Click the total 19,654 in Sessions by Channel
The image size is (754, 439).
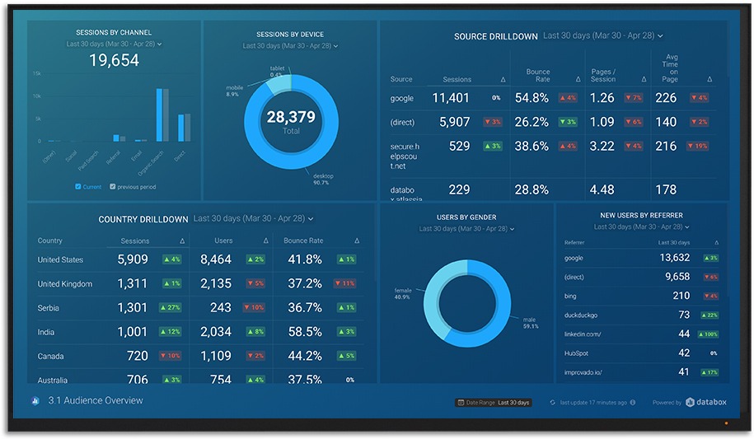[x=114, y=60]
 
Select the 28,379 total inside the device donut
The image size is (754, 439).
[x=291, y=118]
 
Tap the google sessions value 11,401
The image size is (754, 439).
[x=451, y=98]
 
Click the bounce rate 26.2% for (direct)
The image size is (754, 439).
[x=532, y=122]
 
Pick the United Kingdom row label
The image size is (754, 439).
[x=65, y=284]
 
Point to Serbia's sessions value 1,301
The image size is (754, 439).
[x=133, y=308]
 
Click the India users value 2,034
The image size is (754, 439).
[x=216, y=332]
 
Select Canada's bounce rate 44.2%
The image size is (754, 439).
[x=305, y=356]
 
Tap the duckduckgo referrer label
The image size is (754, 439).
[x=581, y=315]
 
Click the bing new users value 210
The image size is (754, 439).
[x=681, y=296]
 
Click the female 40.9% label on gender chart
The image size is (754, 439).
[x=403, y=293]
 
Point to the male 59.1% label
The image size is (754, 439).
[x=530, y=323]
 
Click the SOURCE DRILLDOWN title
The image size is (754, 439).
[x=495, y=37]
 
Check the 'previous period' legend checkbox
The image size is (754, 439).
[x=113, y=187]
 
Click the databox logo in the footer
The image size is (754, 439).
[x=705, y=403]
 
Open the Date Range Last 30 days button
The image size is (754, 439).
[x=494, y=403]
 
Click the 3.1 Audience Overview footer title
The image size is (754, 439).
[x=95, y=401]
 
